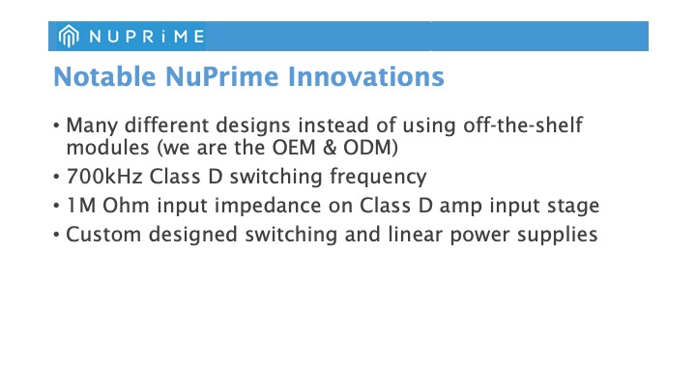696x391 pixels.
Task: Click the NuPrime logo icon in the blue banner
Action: point(69,36)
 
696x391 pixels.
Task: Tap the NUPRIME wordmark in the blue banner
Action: point(147,37)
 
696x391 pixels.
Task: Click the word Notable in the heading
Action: point(104,76)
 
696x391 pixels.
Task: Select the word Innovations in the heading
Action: point(366,76)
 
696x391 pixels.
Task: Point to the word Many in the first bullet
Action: point(92,126)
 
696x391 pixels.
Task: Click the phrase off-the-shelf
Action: point(523,125)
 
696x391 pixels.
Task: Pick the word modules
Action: point(107,147)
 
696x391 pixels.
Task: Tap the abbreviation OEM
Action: point(294,148)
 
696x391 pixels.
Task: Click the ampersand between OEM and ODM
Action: point(330,148)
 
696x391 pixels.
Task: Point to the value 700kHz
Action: point(104,177)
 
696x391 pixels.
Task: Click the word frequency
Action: point(378,178)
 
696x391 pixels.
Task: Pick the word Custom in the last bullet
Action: point(103,235)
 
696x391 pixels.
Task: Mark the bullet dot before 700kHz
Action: point(56,177)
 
